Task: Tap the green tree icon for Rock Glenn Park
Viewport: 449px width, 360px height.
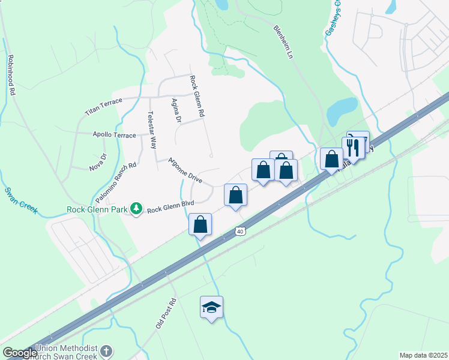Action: click(x=137, y=208)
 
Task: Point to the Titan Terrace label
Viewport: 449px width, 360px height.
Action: click(x=103, y=107)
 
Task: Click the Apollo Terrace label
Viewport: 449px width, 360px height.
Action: click(x=114, y=135)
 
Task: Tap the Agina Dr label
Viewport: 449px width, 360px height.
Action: click(x=176, y=111)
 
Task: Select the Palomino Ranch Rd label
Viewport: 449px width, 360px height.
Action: click(x=116, y=182)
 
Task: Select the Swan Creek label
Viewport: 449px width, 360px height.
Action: click(x=20, y=200)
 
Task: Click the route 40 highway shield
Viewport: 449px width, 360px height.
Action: click(x=240, y=231)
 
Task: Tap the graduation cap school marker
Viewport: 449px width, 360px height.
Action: click(x=211, y=307)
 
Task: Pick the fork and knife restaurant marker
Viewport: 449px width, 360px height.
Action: click(x=353, y=148)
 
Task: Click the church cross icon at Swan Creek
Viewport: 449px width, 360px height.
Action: click(x=106, y=351)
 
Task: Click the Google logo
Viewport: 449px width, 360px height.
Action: click(x=20, y=353)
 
